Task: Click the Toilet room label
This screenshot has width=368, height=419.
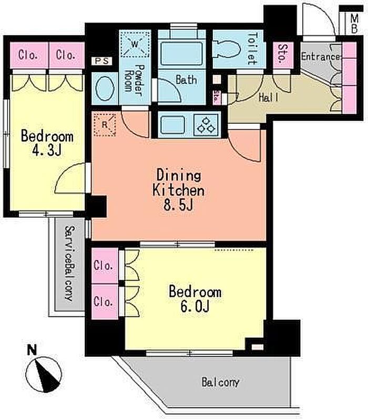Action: pos(251,48)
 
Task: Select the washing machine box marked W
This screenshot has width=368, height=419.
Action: pos(135,44)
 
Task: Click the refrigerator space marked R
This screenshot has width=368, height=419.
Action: pos(104,125)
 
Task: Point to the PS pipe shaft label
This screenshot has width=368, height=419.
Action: pos(102,61)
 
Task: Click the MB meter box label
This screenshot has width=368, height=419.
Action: pos(354,24)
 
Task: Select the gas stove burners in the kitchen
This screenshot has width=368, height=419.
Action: pos(206,125)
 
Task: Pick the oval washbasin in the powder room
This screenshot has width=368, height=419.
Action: pos(105,88)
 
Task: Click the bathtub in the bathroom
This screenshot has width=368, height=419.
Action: pos(181,54)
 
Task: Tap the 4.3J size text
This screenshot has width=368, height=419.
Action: pos(47,151)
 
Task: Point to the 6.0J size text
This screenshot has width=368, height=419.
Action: pos(195,306)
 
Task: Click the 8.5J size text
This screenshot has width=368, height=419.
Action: pos(178,205)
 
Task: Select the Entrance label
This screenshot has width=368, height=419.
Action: pos(321,57)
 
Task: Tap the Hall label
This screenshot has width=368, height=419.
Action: pos(269,97)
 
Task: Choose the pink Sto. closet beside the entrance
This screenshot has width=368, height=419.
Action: pos(283,55)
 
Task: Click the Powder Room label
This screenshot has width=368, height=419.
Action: pos(135,81)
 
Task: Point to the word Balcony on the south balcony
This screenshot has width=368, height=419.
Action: pos(220,382)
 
